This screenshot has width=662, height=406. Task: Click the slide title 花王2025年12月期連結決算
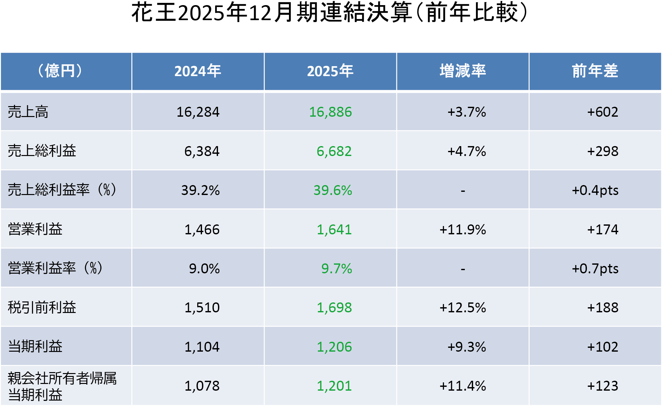329,13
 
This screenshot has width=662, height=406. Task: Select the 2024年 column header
198,71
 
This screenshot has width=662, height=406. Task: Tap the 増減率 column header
463,71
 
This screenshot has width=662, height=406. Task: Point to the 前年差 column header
595,71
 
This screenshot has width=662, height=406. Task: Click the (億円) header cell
60,71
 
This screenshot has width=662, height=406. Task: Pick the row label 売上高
28,112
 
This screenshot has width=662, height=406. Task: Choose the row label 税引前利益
42,308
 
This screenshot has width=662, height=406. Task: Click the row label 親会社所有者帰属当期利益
62,386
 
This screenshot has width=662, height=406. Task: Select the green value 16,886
330,112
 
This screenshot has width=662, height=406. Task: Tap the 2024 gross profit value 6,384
202,151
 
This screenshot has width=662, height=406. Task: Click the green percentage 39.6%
332,191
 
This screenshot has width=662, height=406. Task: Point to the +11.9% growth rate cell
463,230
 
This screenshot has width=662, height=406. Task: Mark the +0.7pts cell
595,269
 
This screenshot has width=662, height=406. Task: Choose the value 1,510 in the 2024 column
202,308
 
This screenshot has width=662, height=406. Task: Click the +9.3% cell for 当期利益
466,347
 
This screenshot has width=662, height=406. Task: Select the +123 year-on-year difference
603,386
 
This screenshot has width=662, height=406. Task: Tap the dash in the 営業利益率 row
463,269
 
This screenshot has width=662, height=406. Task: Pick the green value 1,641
334,230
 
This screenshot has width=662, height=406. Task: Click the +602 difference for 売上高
603,112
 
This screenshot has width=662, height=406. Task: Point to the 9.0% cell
204,269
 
